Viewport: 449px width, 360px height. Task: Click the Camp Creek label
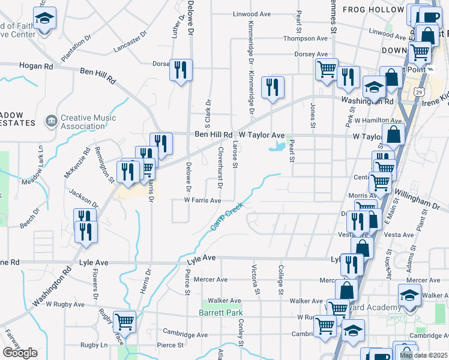227,215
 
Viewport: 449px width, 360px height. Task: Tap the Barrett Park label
221,313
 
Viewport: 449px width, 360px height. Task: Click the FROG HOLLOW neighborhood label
373,10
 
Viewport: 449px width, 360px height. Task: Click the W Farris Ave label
203,200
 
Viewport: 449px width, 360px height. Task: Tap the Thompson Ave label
306,38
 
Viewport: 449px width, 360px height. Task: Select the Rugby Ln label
95,345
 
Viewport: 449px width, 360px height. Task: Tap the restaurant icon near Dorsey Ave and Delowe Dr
180,71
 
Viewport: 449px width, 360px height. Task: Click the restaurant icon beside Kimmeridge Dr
273,88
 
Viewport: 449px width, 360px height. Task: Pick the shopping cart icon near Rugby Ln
124,322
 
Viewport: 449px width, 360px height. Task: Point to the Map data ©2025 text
423,355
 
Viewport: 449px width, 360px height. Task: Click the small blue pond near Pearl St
277,146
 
